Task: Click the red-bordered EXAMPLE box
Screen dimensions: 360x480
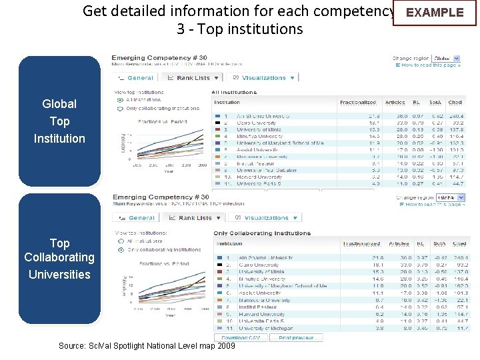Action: click(435, 13)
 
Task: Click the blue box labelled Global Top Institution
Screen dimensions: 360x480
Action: click(59, 121)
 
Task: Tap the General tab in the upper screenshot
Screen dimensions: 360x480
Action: click(136, 78)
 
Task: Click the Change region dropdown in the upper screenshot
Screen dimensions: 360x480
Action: click(451, 59)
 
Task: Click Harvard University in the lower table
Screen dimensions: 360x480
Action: click(262, 314)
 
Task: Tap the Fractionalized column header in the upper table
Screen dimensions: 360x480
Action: click(358, 103)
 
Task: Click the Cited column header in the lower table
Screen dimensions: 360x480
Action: click(459, 245)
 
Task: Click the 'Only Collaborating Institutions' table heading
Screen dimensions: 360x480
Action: click(262, 233)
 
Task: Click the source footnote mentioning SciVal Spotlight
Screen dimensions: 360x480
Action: click(147, 346)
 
